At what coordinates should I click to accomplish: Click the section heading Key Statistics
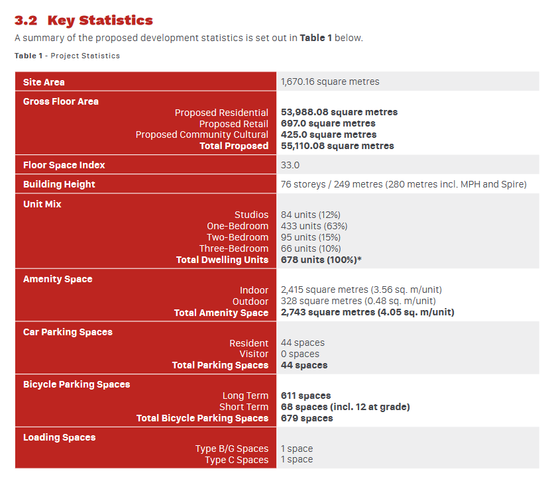[100, 21]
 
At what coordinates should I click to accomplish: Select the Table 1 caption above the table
[67, 56]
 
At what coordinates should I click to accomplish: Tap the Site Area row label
[44, 82]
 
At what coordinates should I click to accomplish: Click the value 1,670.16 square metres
[330, 81]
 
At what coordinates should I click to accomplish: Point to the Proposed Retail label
[234, 124]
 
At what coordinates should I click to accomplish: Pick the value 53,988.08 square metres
[339, 112]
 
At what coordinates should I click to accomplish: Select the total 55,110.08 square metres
[337, 146]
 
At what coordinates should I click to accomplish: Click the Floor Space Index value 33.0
[290, 165]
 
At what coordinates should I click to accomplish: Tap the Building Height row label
[59, 184]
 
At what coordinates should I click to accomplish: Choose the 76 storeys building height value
[404, 184]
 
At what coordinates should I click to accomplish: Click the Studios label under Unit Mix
[251, 215]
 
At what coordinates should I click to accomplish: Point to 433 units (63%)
[314, 226]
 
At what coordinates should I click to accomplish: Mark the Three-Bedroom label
[234, 248]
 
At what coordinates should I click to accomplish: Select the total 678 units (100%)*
[321, 260]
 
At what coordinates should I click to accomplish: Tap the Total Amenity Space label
[221, 313]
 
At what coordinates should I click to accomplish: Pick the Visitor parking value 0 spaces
[300, 354]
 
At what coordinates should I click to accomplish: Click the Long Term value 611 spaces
[306, 396]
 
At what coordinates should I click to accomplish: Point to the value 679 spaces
[307, 418]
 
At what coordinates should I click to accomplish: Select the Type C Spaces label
[237, 460]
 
